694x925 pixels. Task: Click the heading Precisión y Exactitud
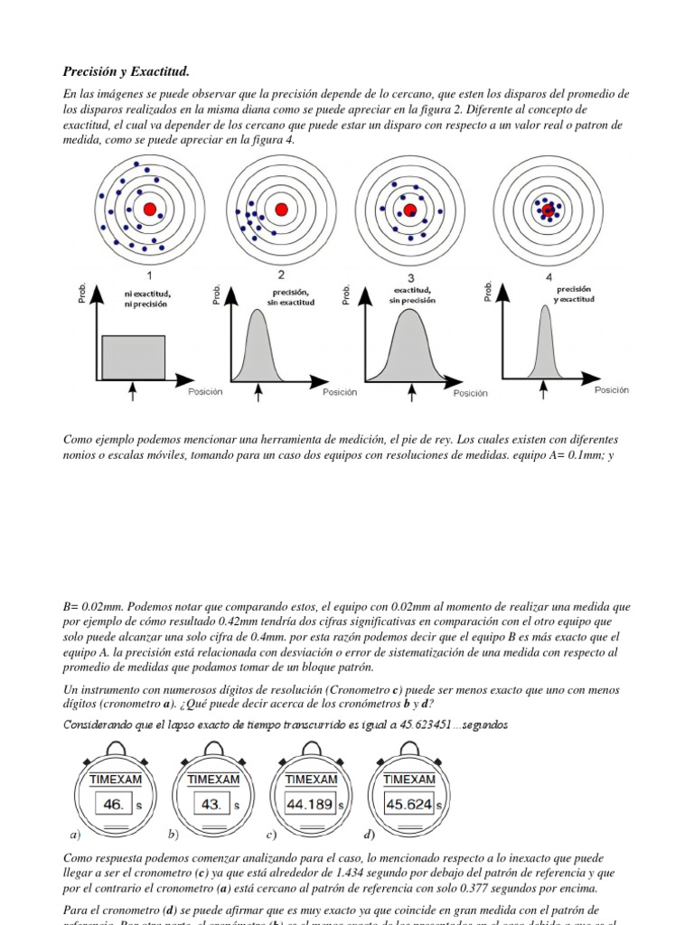tap(127, 71)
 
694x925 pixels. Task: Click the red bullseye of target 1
tap(150, 210)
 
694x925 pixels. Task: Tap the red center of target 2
tap(281, 210)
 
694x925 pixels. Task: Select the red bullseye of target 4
tap(548, 210)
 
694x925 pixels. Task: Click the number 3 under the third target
tap(411, 277)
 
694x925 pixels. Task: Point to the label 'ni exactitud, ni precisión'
tap(148, 299)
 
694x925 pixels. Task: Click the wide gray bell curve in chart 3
tap(412, 348)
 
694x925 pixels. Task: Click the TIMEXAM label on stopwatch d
tap(408, 779)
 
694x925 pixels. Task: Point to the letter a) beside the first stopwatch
tap(75, 834)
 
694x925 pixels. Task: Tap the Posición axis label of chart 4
tap(611, 389)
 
